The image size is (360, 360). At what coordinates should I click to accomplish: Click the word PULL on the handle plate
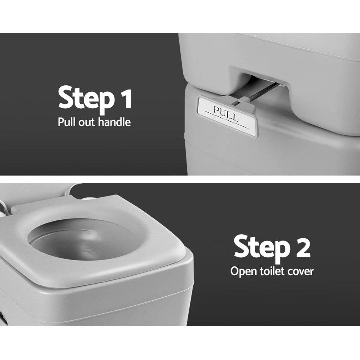click(226, 113)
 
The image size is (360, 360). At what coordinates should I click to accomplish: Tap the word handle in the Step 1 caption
click(114, 122)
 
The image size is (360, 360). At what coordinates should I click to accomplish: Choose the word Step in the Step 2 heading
click(261, 247)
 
